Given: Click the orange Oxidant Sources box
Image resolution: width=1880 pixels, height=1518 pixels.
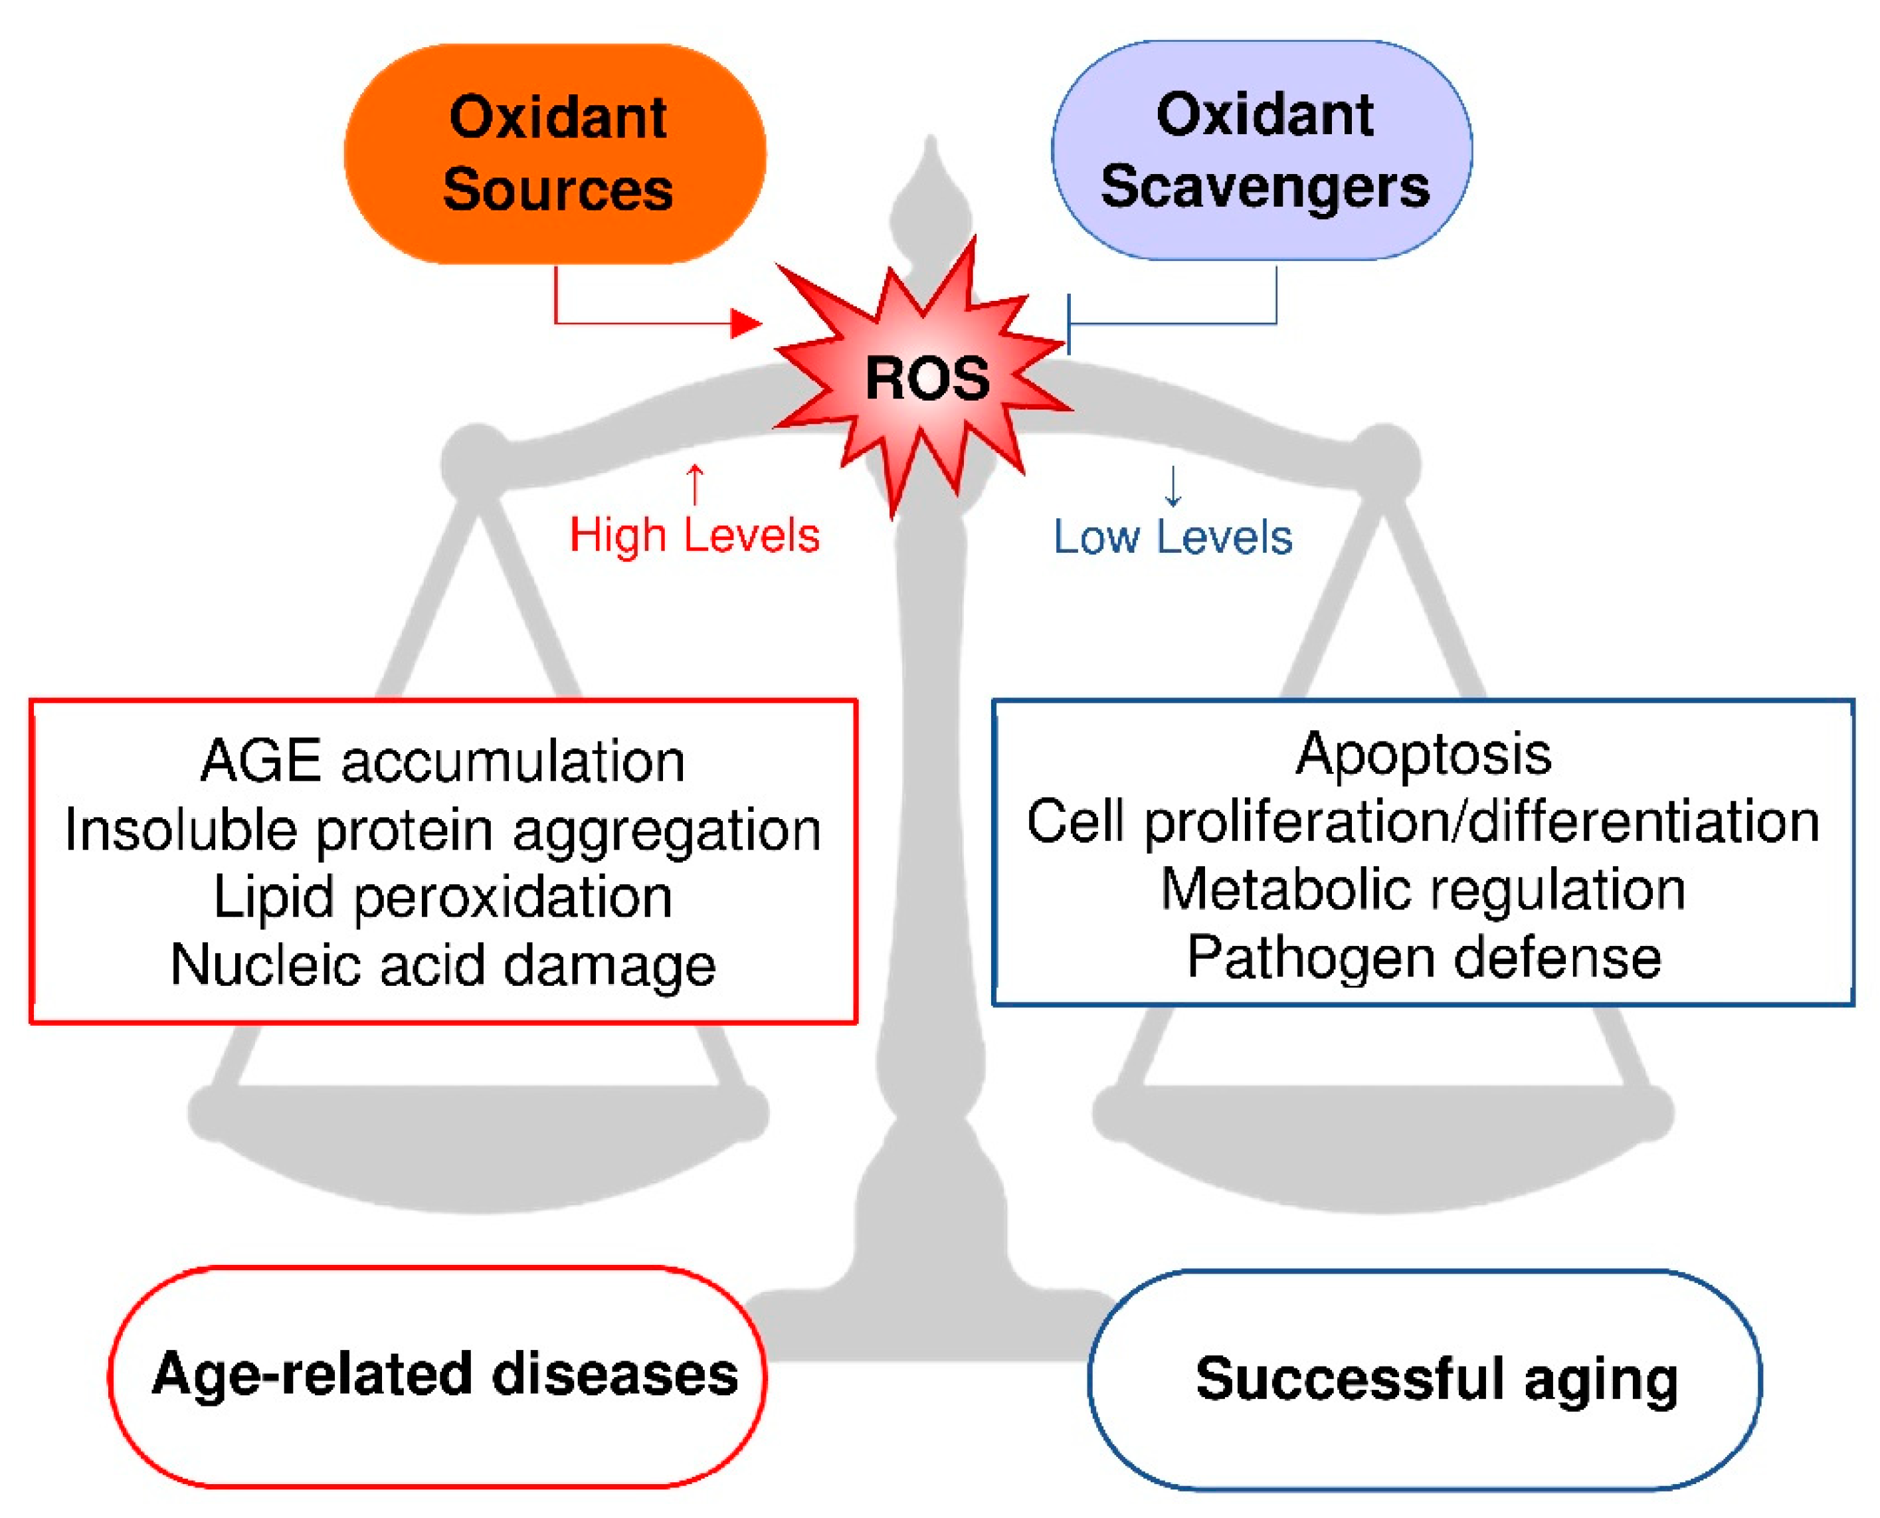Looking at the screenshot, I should tap(555, 154).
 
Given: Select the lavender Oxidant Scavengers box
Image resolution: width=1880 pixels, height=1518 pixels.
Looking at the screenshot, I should tap(1262, 150).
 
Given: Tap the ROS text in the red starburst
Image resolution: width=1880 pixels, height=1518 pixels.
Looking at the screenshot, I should tap(927, 379).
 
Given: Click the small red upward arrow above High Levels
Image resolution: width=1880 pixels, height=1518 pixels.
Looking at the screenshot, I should tap(694, 484).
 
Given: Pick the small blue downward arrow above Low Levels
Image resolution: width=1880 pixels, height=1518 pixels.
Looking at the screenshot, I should tap(1173, 487).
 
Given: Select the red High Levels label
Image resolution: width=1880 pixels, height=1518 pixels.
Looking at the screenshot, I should tap(694, 535).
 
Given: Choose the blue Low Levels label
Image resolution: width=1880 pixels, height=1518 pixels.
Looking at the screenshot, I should tap(1173, 537).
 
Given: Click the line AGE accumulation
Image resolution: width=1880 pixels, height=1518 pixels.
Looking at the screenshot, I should tap(442, 761).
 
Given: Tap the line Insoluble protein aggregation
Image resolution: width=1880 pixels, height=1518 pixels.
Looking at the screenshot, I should tap(442, 829).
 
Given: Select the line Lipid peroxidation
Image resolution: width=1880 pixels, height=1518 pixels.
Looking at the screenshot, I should tap(442, 897).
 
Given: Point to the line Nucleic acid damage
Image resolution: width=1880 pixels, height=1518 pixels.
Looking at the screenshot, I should tap(442, 965).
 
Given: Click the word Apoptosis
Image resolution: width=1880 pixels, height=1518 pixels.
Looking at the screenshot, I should tap(1423, 754).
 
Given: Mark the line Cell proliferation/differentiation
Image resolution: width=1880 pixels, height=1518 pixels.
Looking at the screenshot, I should tap(1423, 822).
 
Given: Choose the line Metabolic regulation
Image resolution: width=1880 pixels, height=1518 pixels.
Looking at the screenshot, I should tap(1423, 890).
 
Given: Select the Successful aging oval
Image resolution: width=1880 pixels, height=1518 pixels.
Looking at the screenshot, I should tap(1426, 1380).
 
